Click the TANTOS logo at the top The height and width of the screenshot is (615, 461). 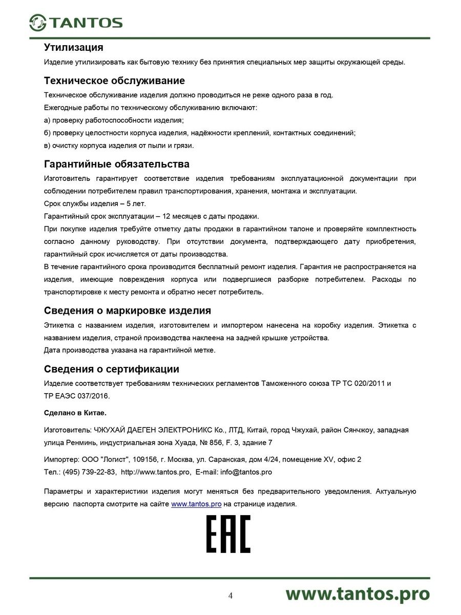click(x=76, y=22)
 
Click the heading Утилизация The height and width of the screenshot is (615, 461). click(x=74, y=48)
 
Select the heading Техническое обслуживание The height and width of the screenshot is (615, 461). click(x=114, y=81)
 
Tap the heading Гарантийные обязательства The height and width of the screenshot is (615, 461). click(x=117, y=164)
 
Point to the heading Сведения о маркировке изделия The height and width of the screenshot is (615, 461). click(x=128, y=311)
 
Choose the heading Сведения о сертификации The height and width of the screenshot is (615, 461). click(x=112, y=369)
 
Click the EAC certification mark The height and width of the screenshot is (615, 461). click(x=228, y=535)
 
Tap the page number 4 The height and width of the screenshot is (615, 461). click(x=230, y=596)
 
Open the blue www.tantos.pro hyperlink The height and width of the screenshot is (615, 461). click(x=196, y=504)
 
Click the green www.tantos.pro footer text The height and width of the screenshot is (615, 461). click(x=357, y=593)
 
